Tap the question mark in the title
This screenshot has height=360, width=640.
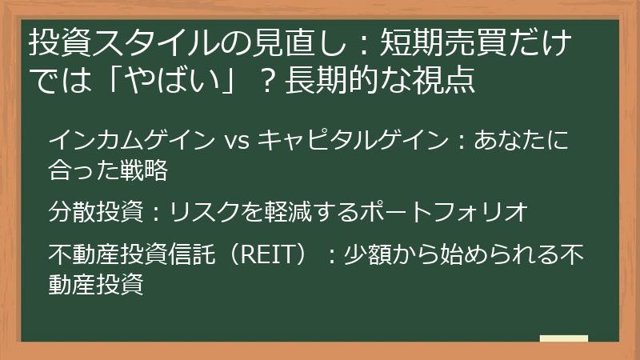tap(274, 80)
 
